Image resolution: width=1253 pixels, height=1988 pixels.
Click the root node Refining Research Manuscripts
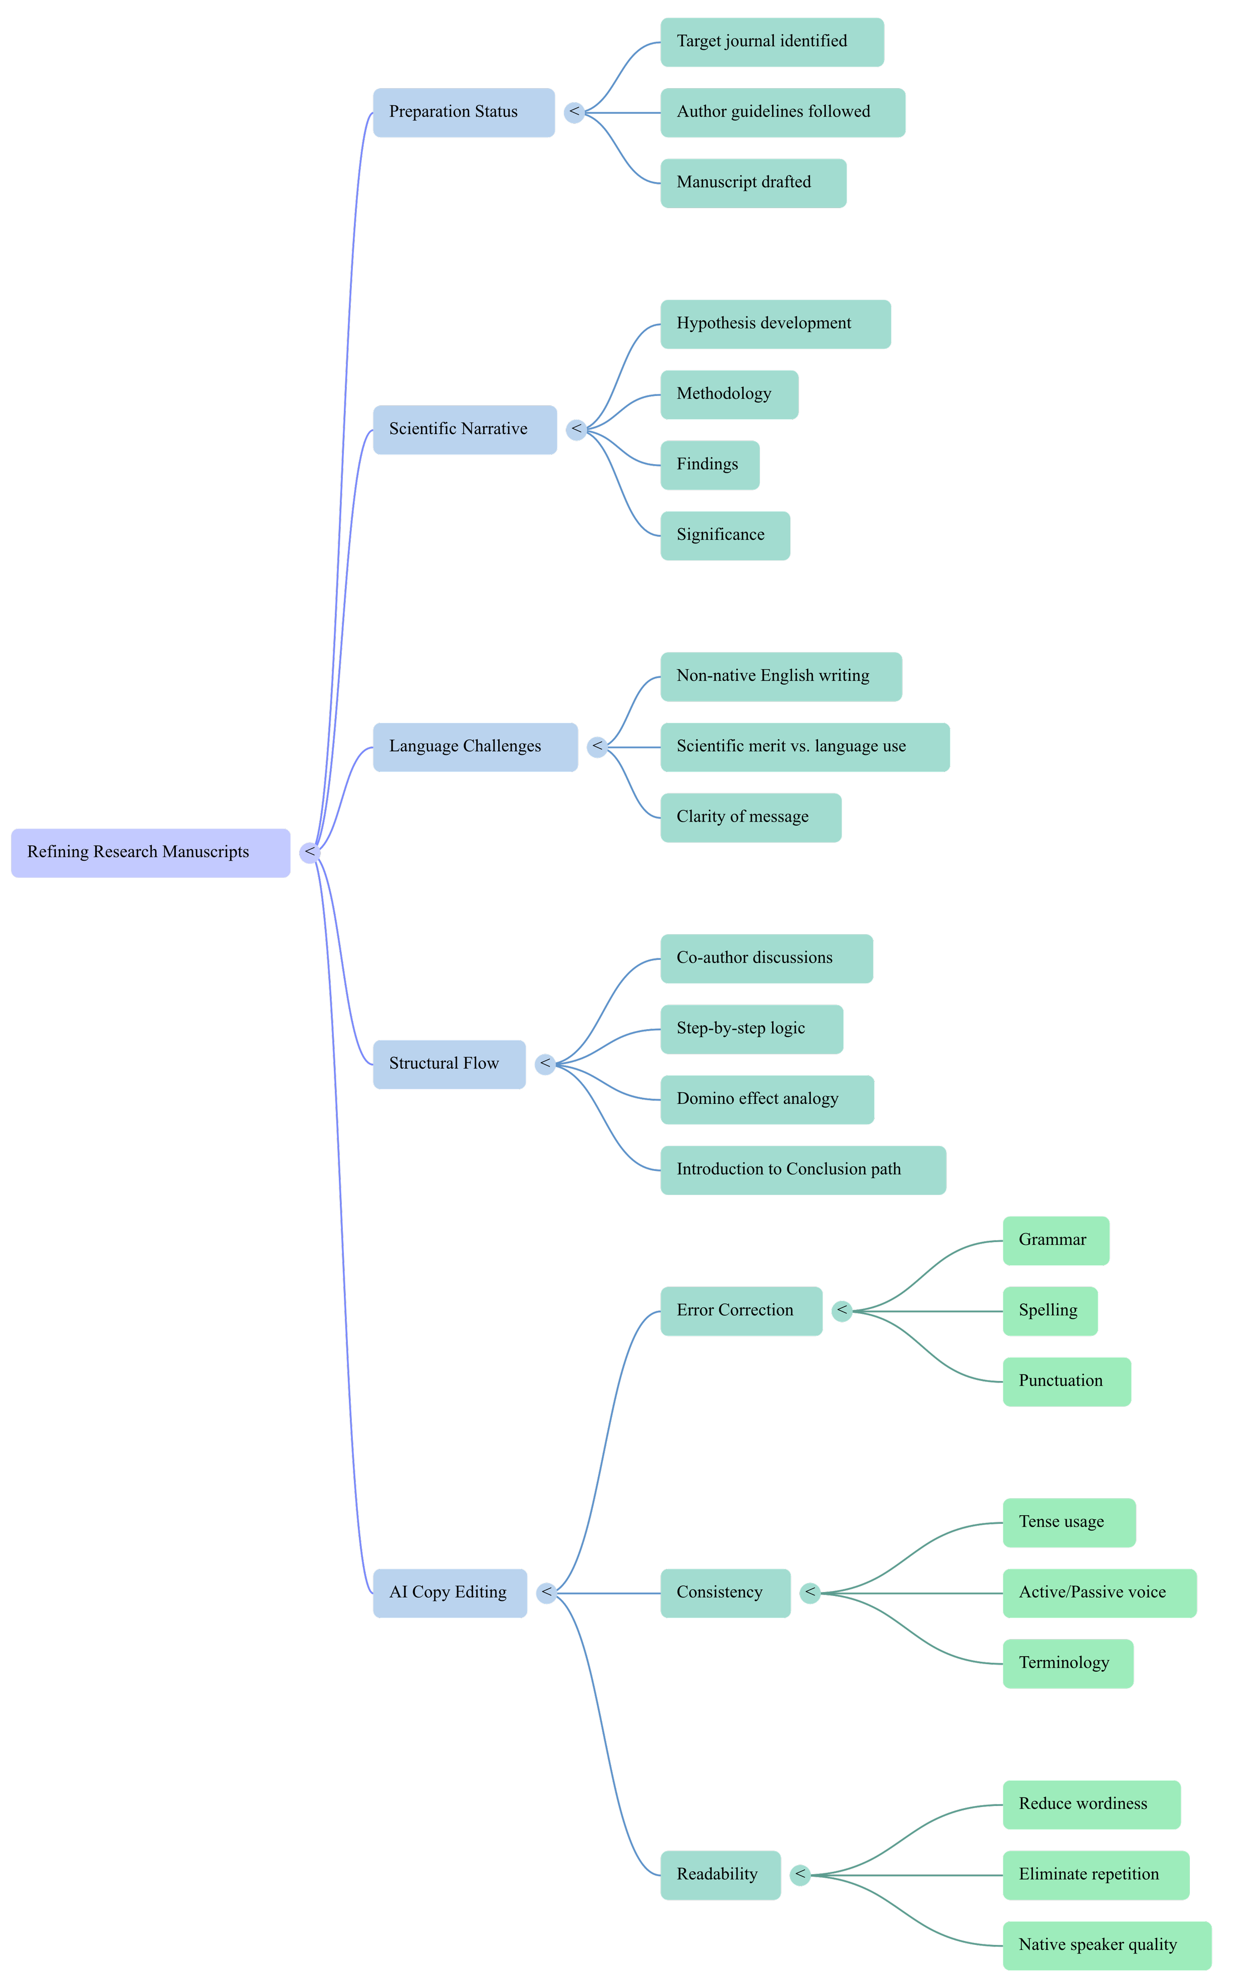[x=150, y=852]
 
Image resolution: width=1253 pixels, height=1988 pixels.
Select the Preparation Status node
[x=463, y=112]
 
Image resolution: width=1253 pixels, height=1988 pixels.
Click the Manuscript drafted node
[x=753, y=182]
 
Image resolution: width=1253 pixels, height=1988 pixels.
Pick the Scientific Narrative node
[x=465, y=429]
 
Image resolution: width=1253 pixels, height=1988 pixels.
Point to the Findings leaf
[x=709, y=465]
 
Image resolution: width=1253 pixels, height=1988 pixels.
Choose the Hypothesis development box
[x=775, y=324]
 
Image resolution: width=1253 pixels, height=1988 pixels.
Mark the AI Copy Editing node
[x=450, y=1593]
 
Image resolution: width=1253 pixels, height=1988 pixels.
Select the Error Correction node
[x=741, y=1310]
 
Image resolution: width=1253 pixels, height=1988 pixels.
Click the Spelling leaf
[x=1050, y=1310]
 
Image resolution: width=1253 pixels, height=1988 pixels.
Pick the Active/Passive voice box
[x=1099, y=1593]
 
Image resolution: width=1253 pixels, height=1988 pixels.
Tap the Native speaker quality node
[x=1106, y=1945]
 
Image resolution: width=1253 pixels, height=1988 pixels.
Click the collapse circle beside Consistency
[x=810, y=1593]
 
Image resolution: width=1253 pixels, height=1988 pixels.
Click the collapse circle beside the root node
[x=310, y=852]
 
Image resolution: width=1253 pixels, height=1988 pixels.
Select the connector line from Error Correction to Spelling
[x=929, y=1310]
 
